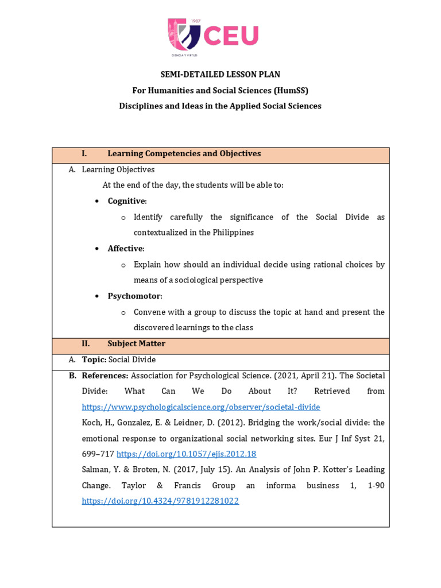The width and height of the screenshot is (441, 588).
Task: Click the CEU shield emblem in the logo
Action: (x=184, y=34)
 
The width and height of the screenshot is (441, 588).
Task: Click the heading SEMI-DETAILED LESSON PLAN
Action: (x=220, y=75)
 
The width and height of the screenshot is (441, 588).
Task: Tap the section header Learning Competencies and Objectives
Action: (x=184, y=154)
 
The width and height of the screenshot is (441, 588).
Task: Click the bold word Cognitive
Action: (x=126, y=201)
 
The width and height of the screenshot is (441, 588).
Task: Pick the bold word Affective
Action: (x=126, y=249)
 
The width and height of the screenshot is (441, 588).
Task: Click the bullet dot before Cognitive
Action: (x=97, y=202)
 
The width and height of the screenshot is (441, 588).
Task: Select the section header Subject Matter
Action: (x=136, y=344)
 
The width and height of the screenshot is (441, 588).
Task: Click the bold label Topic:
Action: (x=94, y=359)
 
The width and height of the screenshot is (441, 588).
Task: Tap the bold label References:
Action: (x=105, y=376)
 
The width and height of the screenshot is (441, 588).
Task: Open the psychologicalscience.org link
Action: (x=201, y=407)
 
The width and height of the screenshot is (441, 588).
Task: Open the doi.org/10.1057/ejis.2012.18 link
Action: (x=186, y=454)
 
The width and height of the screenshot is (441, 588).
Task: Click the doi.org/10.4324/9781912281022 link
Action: (x=160, y=501)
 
